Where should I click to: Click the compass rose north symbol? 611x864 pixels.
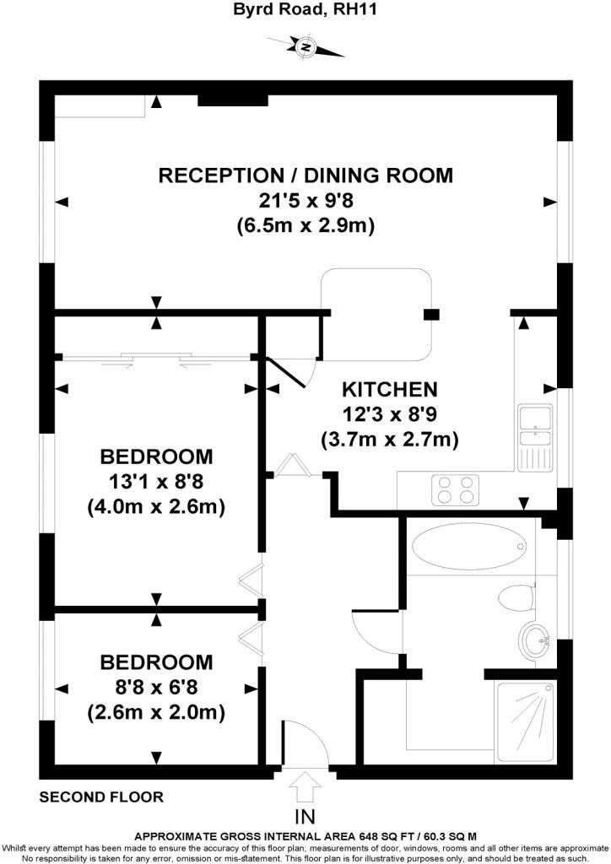[x=305, y=46]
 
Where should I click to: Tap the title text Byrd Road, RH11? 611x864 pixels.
[x=305, y=9]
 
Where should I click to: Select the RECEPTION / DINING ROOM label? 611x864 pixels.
[x=305, y=175]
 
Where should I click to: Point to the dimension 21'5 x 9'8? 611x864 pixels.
[x=305, y=201]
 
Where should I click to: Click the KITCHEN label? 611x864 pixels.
[x=390, y=389]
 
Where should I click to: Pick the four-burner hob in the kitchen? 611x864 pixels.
[x=455, y=490]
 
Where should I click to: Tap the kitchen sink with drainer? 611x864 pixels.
[x=534, y=438]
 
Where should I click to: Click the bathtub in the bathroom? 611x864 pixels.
[x=469, y=546]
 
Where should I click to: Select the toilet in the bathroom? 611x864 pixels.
[x=516, y=598]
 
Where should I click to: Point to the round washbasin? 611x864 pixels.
[x=534, y=642]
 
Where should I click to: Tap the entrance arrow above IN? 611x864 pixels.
[x=305, y=786]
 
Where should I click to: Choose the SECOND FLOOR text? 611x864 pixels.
[x=101, y=796]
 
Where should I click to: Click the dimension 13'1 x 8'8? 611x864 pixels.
[x=156, y=482]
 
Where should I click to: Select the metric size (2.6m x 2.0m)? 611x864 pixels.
[x=156, y=712]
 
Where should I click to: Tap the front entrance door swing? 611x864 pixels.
[x=305, y=741]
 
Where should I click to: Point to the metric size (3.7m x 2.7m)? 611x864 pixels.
[x=390, y=440]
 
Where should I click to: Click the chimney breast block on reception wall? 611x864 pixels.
[x=232, y=100]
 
